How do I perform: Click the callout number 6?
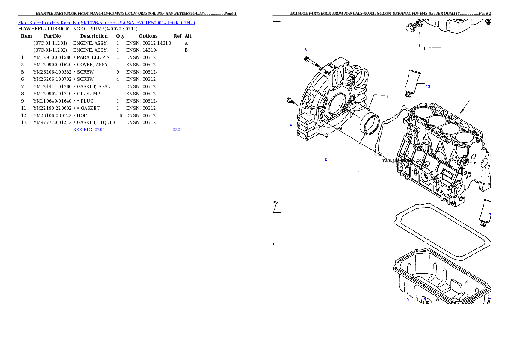click(306, 50)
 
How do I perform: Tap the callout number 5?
click(291, 126)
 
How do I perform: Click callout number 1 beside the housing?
click(388, 97)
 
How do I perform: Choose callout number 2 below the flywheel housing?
click(326, 159)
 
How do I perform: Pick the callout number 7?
click(358, 172)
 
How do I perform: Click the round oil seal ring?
click(370, 124)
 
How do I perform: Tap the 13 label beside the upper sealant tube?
click(428, 86)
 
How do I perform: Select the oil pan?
click(441, 278)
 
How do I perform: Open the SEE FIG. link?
click(89, 129)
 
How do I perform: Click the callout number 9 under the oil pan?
click(408, 300)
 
